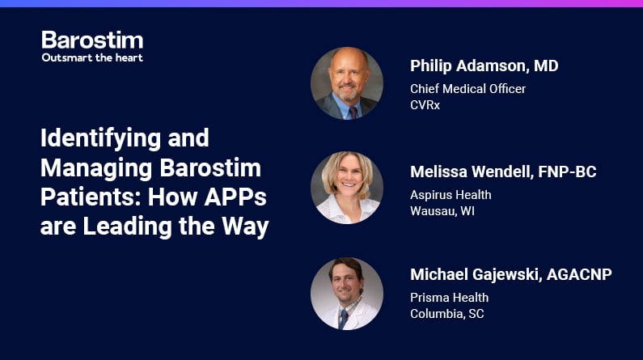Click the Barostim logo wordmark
[92, 40]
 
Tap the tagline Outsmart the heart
[92, 57]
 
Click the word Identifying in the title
[100, 139]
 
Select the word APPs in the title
[235, 197]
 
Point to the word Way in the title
[245, 227]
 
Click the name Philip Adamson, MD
[484, 66]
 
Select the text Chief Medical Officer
[468, 88]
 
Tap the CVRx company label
[425, 105]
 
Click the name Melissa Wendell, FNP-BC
[503, 172]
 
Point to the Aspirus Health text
[451, 195]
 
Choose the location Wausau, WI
[442, 211]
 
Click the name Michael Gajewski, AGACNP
[511, 274]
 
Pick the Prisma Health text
[450, 297]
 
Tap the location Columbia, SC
[447, 314]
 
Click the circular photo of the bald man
[347, 83]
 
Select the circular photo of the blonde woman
[347, 188]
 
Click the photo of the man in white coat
[347, 294]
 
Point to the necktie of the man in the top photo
[353, 112]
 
